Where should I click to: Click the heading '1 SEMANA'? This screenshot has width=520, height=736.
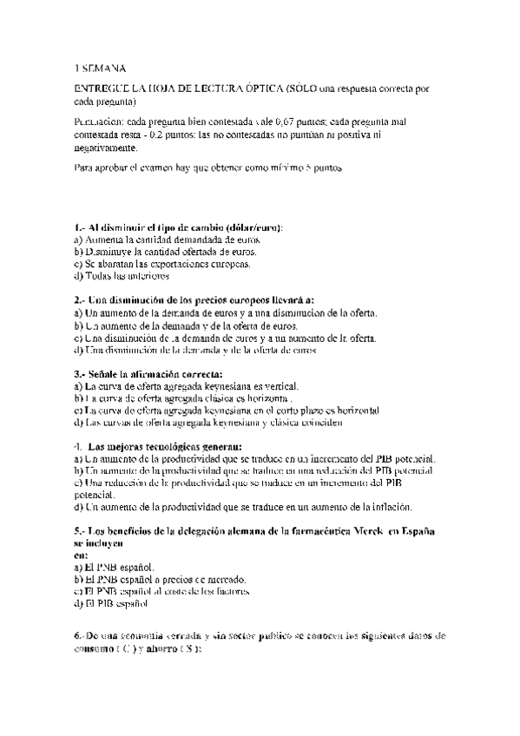tap(100, 67)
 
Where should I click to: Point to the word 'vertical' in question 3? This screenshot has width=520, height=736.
tap(279, 385)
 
